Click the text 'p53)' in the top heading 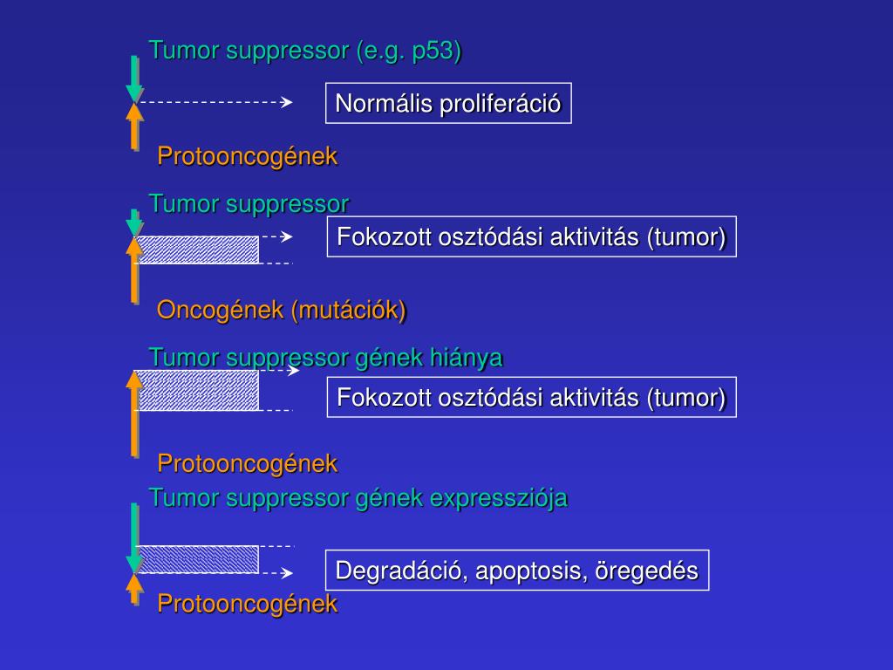click(436, 51)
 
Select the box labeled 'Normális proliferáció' click(448, 104)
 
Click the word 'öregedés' click(647, 571)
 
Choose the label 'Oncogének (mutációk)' click(282, 310)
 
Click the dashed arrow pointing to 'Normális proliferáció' click(215, 102)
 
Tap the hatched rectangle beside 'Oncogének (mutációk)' click(198, 250)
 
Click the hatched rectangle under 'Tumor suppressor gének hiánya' click(198, 390)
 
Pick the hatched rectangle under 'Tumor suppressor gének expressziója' click(198, 559)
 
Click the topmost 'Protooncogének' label click(247, 156)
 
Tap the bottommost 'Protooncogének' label click(247, 604)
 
